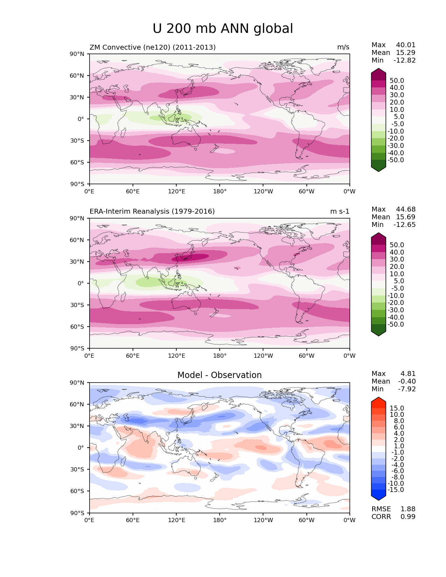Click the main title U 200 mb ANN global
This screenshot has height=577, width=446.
pyautogui.click(x=223, y=29)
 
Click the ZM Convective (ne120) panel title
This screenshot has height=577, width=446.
pyautogui.click(x=153, y=47)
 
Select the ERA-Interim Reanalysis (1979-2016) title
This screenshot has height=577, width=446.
pyautogui.click(x=152, y=212)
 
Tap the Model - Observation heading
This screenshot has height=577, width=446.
pyautogui.click(x=219, y=375)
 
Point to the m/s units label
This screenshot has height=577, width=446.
pyautogui.click(x=343, y=47)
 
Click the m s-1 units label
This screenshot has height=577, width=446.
pyautogui.click(x=340, y=212)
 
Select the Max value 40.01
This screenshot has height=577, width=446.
pyautogui.click(x=406, y=45)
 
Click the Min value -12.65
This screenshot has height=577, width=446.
pyautogui.click(x=405, y=225)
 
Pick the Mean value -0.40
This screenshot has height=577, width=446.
pyautogui.click(x=407, y=382)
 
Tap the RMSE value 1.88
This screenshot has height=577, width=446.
pyautogui.click(x=408, y=509)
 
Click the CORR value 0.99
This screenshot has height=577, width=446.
pyautogui.click(x=408, y=517)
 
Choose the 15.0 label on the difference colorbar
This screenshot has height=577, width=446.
pyautogui.click(x=397, y=408)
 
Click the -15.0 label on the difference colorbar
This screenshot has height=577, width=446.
pyautogui.click(x=396, y=490)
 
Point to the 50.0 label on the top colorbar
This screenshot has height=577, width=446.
pyautogui.click(x=397, y=81)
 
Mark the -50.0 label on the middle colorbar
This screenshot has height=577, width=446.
pyautogui.click(x=396, y=325)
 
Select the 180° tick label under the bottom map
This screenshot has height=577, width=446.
pyautogui.click(x=220, y=520)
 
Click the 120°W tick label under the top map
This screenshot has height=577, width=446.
pyautogui.click(x=263, y=192)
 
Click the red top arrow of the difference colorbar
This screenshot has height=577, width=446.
pyautogui.click(x=378, y=401)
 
